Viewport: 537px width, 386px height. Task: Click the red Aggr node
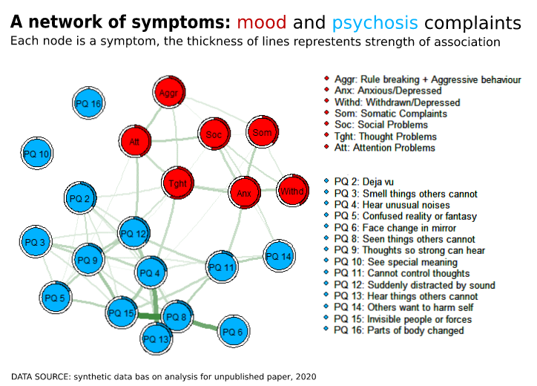pos(168,94)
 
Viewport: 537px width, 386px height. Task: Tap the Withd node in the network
pos(293,192)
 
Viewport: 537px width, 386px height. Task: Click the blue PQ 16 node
pos(88,104)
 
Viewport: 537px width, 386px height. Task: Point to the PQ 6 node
pos(233,332)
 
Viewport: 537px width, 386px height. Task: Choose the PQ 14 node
pos(279,256)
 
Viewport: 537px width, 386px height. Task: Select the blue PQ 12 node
pos(134,234)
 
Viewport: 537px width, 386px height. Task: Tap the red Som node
pos(262,133)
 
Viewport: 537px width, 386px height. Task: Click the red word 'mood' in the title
pos(262,23)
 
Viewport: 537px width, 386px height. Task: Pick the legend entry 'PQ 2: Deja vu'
pos(365,182)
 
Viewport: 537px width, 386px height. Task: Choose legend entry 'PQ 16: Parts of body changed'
pos(398,330)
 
